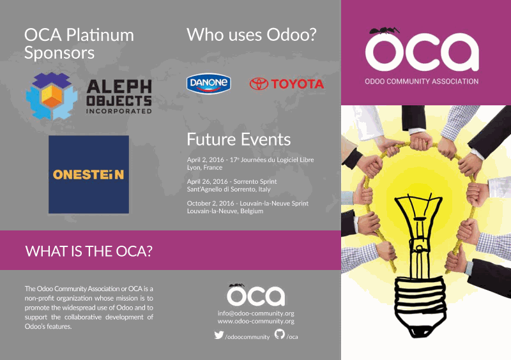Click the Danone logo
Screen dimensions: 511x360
tap(209, 84)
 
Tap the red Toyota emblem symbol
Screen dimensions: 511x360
tap(259, 84)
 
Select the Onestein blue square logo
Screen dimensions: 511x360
tap(89, 174)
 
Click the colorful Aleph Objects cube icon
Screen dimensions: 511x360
tap(52, 96)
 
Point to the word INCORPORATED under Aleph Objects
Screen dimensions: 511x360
tap(119, 111)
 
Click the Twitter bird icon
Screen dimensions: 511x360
tap(219, 335)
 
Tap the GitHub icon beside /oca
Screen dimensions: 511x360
tap(279, 334)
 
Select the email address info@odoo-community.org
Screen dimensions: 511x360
tap(256, 313)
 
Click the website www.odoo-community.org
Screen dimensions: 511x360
tap(256, 321)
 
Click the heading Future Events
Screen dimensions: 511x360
tap(238, 139)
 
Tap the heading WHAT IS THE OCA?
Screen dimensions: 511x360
tap(89, 251)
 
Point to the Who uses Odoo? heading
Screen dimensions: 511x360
tap(251, 35)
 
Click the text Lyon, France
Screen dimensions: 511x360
tap(204, 167)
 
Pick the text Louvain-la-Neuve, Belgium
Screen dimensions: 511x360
tap(225, 211)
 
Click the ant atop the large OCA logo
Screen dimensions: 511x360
tap(385, 31)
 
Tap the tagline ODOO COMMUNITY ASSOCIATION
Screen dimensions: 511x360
tap(422, 82)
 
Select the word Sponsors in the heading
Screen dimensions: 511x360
tap(59, 54)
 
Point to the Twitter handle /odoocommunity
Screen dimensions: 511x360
tap(247, 337)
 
